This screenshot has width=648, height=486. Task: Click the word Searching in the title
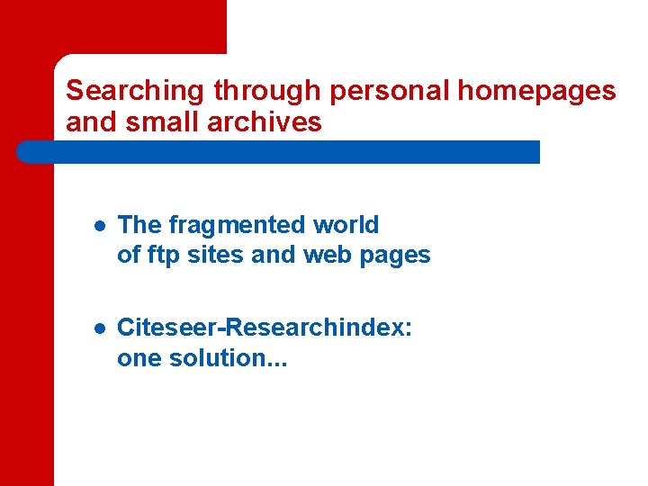[x=137, y=91]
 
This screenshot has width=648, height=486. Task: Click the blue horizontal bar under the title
[x=278, y=151]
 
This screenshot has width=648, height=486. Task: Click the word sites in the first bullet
[x=216, y=255]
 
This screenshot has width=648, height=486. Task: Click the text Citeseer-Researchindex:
[x=265, y=327]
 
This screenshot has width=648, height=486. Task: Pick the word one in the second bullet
[x=138, y=357]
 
